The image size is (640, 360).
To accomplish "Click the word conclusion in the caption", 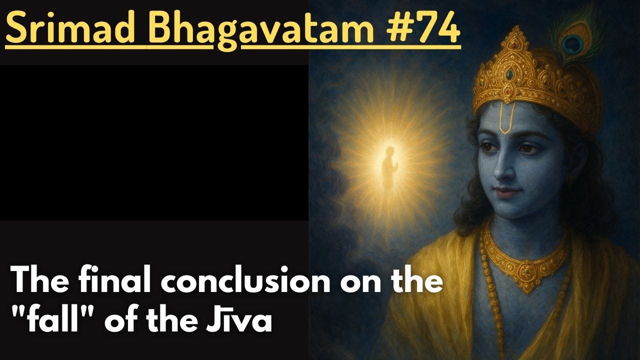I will coord(260,282).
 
